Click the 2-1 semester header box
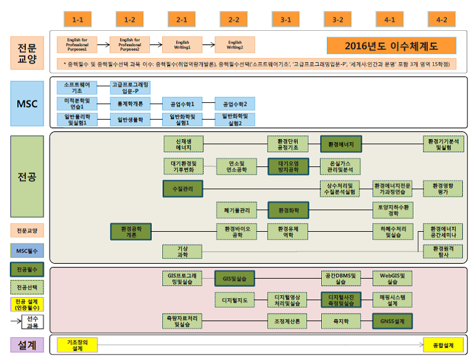(x=182, y=20)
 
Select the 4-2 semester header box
(x=442, y=20)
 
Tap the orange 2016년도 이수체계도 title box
(x=391, y=46)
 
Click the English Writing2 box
(x=234, y=45)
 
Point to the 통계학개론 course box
(x=130, y=104)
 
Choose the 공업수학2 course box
(x=234, y=104)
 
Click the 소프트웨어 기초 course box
(x=77, y=87)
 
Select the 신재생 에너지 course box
(x=182, y=144)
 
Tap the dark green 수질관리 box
(x=182, y=189)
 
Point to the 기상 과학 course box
(x=182, y=252)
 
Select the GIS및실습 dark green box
(x=234, y=279)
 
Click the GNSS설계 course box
(x=391, y=321)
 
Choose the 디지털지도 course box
(x=234, y=300)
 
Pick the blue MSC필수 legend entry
(x=27, y=251)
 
